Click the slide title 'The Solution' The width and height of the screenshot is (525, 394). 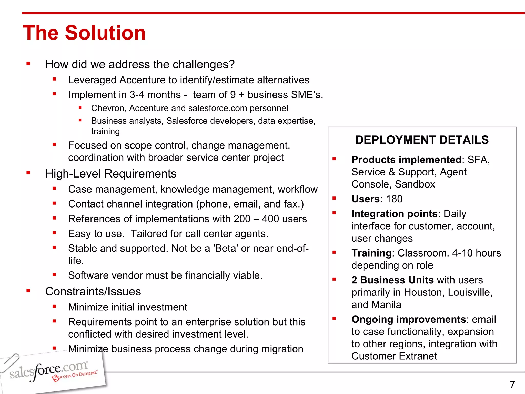84,33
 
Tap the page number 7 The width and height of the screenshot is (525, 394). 512,385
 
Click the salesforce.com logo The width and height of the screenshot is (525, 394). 49,371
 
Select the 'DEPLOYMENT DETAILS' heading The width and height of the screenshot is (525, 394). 422,140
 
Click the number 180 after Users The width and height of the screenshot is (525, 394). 394,199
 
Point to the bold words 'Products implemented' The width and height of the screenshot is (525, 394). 406,160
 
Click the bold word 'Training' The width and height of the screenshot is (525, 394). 371,253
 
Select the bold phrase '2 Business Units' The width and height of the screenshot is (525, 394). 392,280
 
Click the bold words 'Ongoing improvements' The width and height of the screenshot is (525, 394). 408,319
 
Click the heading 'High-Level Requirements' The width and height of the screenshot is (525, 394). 111,174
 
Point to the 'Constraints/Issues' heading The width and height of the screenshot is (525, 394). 93,292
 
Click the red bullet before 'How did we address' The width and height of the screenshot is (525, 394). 28,64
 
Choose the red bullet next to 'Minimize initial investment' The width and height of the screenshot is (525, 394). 54,306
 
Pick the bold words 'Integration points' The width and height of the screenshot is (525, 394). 394,214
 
